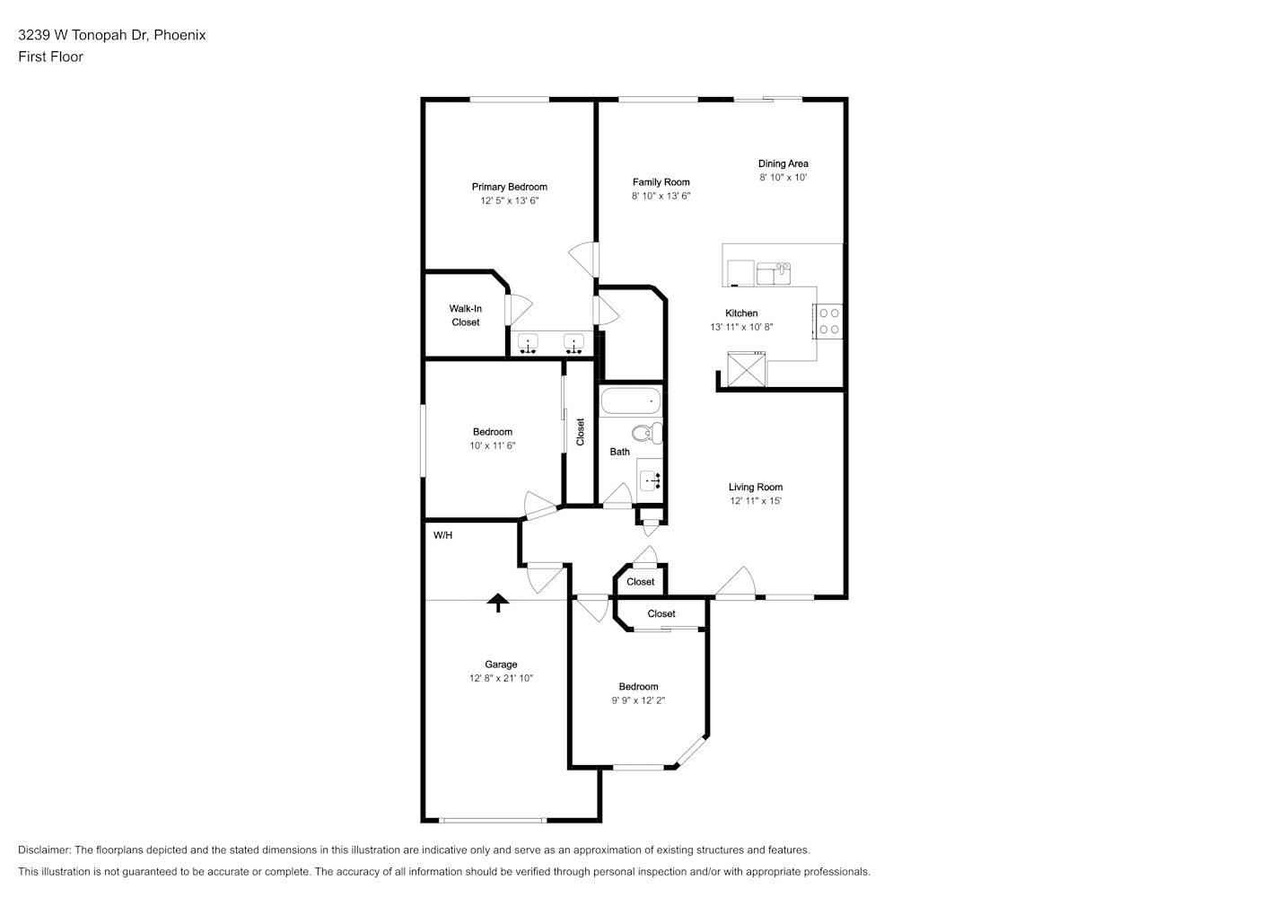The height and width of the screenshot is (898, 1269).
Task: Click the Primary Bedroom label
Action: pyautogui.click(x=509, y=187)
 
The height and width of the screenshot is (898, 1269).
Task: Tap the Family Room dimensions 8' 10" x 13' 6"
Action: pyautogui.click(x=661, y=196)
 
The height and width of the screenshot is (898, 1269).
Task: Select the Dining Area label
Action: pyautogui.click(x=783, y=163)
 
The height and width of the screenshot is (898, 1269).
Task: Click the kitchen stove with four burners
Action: pyautogui.click(x=827, y=321)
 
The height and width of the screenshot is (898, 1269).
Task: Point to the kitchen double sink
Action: pyautogui.click(x=774, y=274)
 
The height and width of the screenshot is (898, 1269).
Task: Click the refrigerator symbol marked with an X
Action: pyautogui.click(x=746, y=369)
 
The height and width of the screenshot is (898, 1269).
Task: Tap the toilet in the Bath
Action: pyautogui.click(x=647, y=433)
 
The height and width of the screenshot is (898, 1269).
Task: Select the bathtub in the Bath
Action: pyautogui.click(x=631, y=401)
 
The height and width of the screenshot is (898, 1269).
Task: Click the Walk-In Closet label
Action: pyautogui.click(x=466, y=315)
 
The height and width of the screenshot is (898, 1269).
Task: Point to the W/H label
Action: pyautogui.click(x=443, y=535)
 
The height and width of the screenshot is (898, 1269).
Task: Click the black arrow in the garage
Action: pyautogui.click(x=498, y=603)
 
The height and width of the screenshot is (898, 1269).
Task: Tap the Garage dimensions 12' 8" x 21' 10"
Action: pyautogui.click(x=501, y=678)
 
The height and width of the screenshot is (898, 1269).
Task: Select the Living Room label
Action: pyautogui.click(x=756, y=487)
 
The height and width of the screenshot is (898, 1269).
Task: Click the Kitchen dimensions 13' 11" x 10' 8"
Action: pyautogui.click(x=741, y=327)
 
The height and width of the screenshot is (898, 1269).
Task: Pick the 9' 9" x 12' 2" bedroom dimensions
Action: pyautogui.click(x=638, y=700)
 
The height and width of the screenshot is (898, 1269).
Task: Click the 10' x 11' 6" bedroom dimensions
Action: pyautogui.click(x=493, y=445)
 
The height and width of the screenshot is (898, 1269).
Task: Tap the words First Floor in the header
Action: pyautogui.click(x=50, y=57)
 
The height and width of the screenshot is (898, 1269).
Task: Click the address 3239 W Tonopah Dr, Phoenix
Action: pyautogui.click(x=112, y=35)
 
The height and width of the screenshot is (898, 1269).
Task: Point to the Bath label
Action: pyautogui.click(x=620, y=452)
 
